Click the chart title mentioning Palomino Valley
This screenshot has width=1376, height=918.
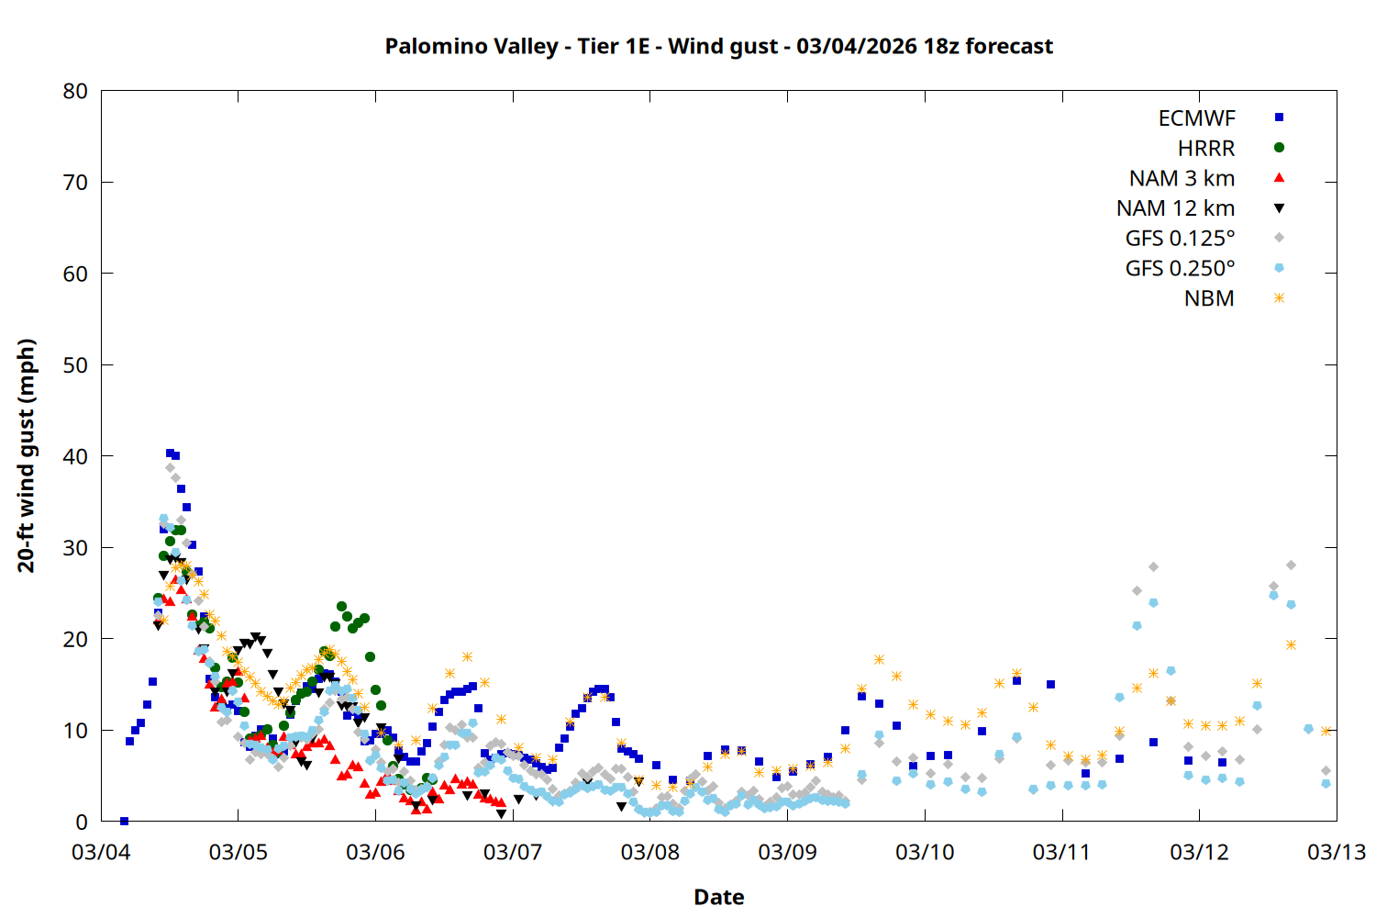coord(718,46)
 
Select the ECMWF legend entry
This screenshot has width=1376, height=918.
coord(1196,118)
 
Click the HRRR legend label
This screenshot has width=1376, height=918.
coord(1206,149)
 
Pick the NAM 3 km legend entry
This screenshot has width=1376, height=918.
coord(1182,178)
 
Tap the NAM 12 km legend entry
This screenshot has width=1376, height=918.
coord(1175,208)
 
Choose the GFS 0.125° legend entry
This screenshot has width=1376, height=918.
coord(1180,239)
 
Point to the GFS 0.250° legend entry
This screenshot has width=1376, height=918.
coord(1180,269)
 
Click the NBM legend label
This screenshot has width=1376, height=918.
coord(1209,299)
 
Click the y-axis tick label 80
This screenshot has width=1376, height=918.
coord(75,91)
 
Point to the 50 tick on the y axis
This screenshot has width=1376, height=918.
coord(75,365)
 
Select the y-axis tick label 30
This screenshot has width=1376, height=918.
coord(75,548)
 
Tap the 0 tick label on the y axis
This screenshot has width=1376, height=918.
coord(82,822)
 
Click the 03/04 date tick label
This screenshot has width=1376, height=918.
coord(101,852)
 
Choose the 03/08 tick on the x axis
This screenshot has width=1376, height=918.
coord(650,852)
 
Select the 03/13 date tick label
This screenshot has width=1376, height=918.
coord(1337,852)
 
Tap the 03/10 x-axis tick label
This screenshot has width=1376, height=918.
coord(925,852)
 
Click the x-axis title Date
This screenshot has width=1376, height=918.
coord(718,897)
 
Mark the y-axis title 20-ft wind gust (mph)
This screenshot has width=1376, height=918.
coord(27,455)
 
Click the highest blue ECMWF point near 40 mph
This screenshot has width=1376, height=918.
coord(170,453)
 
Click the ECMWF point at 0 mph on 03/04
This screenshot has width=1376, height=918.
coord(124,821)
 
